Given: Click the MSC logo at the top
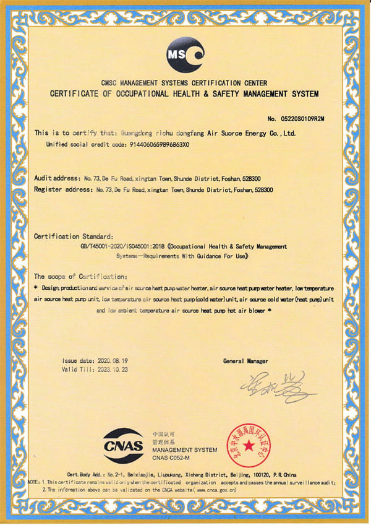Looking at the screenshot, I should point(185,55).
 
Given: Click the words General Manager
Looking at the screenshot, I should point(245,360).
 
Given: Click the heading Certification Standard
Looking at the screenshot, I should point(74,236).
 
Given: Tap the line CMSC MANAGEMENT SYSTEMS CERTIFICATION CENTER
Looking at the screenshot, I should point(184,83).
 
